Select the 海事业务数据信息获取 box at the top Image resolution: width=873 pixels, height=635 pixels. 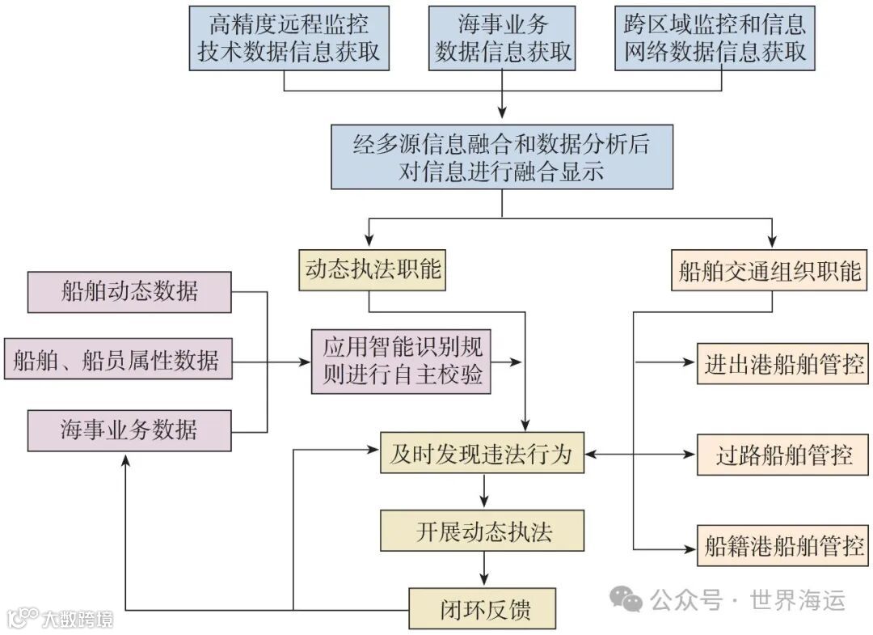pos(503,37)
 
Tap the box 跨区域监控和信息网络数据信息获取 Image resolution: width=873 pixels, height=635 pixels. pos(715,37)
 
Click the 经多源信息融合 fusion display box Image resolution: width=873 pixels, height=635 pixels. pos(501,157)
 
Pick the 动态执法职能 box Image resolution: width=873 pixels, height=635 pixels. pos(373,269)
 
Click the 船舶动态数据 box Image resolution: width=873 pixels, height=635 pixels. pos(129,291)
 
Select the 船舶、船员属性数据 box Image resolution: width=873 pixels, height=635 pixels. pos(117,359)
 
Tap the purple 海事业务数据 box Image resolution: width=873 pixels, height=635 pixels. pos(129,430)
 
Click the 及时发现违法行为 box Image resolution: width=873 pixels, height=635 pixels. pos(482,454)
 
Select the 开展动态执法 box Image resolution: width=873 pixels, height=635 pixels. pos(483,531)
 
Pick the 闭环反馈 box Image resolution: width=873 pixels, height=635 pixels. pos(482,608)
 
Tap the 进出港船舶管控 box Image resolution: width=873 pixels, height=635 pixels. pos(782,363)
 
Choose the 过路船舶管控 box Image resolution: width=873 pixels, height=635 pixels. pos(782,455)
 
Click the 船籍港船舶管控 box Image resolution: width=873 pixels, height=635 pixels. pos(782,545)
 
